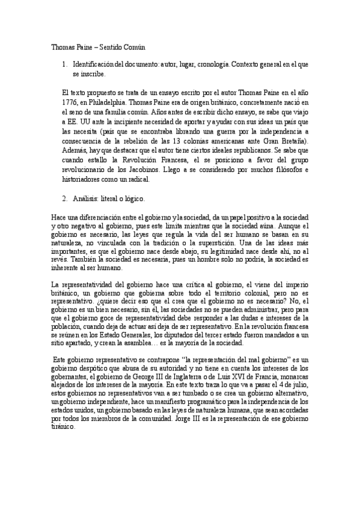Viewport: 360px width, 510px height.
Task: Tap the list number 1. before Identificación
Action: tap(65, 64)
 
